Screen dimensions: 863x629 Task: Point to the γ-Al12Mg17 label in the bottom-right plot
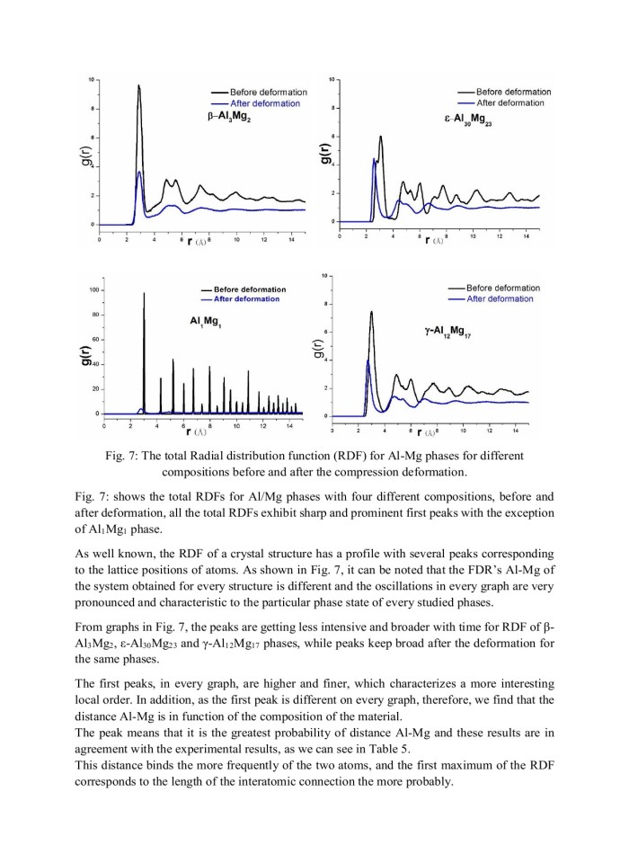point(457,332)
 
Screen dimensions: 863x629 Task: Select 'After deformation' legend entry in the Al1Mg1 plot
point(246,299)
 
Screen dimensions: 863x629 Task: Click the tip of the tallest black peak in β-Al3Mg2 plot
point(138,85)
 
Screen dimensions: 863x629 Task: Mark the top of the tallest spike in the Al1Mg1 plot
point(144,293)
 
